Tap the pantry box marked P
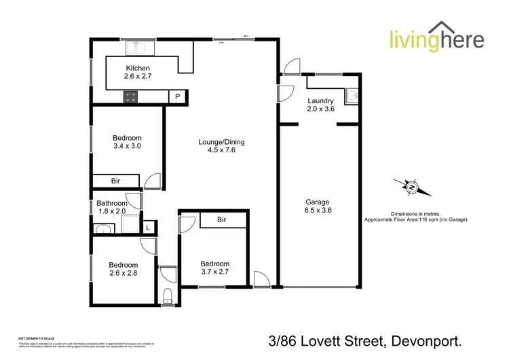pos(178,96)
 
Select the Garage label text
pos(318,202)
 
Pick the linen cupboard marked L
pos(148,228)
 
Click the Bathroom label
pos(111,203)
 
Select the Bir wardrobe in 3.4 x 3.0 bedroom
pos(116,180)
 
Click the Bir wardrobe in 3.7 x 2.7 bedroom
pos(221,220)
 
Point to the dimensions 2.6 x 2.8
pos(124,274)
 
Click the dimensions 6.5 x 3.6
pos(318,211)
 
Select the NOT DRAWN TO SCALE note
pos(37,338)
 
